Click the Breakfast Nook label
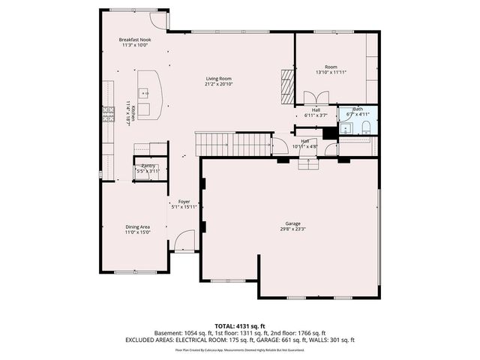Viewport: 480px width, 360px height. pos(135,39)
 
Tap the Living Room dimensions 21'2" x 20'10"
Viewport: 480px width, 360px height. pos(219,84)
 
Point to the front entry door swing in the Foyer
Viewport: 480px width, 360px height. pos(182,241)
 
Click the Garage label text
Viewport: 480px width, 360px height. pos(292,223)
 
